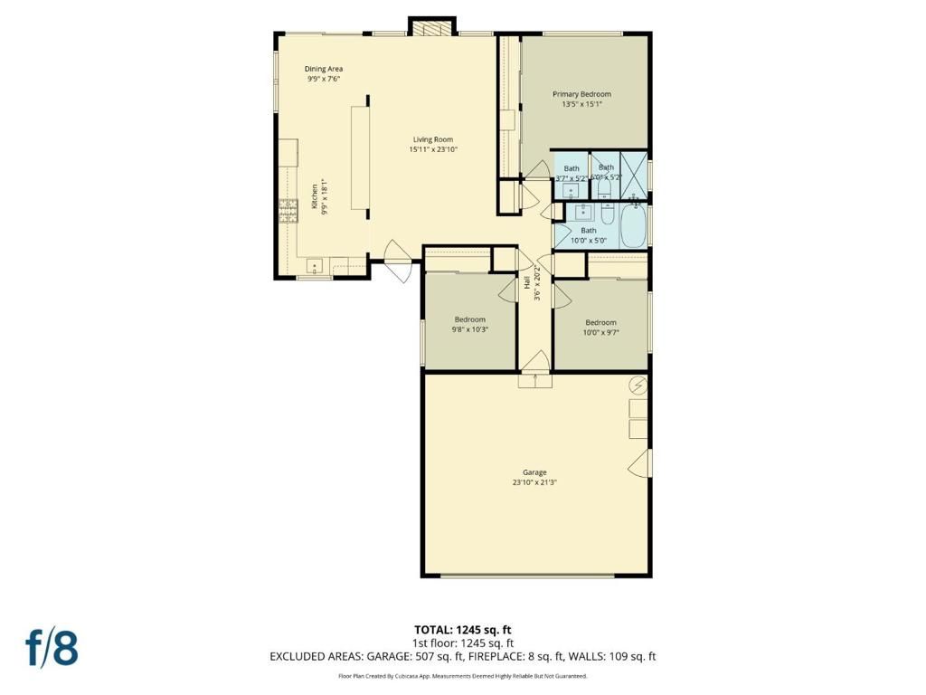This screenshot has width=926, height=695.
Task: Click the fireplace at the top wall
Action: click(x=429, y=27)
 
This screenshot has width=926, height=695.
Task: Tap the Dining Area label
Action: click(x=323, y=69)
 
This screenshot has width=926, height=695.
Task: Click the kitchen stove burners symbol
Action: click(x=288, y=211)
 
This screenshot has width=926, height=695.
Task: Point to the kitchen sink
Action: click(x=313, y=266)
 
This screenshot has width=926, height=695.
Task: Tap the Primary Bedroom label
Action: click(x=581, y=94)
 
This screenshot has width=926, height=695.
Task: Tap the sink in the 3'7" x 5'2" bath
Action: click(x=571, y=190)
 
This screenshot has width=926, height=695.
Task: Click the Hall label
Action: click(x=526, y=283)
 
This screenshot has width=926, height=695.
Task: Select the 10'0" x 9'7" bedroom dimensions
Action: click(x=600, y=333)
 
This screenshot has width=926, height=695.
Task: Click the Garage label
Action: click(x=534, y=472)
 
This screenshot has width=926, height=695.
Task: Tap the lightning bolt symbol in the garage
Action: click(x=638, y=386)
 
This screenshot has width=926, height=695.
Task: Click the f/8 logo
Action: click(x=52, y=648)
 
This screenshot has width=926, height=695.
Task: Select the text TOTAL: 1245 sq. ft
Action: click(x=463, y=630)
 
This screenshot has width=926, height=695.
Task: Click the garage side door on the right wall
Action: click(x=640, y=462)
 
